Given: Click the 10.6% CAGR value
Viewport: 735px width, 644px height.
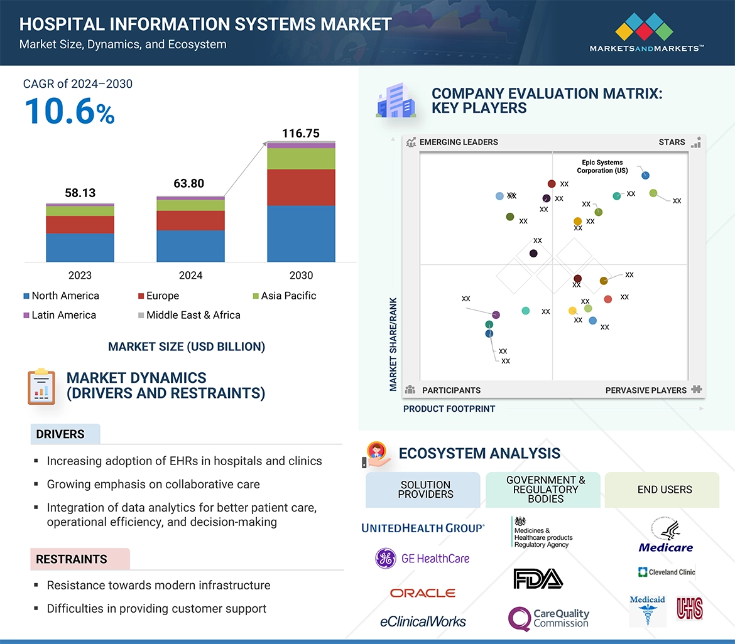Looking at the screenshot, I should click(x=69, y=112).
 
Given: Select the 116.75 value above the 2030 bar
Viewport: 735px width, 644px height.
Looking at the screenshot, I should click(x=301, y=133).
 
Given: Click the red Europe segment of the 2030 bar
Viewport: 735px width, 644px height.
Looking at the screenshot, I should click(x=301, y=187).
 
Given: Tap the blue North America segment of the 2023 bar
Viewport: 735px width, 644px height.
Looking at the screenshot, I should click(x=80, y=247).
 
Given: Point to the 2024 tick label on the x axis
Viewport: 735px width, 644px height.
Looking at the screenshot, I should click(x=190, y=276).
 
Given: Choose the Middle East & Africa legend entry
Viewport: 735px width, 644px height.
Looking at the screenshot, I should click(x=188, y=315).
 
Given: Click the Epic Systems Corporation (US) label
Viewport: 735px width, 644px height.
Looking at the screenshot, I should click(x=603, y=166).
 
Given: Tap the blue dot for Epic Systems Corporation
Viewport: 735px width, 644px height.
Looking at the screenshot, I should click(x=645, y=176).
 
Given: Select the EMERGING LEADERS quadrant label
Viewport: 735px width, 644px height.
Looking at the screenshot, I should click(x=458, y=142).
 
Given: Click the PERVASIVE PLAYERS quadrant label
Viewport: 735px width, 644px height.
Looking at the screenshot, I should click(x=646, y=390).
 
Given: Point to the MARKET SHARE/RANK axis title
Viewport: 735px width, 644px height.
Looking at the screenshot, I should click(x=393, y=344).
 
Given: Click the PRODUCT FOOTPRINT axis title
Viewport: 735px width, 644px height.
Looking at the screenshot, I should click(x=449, y=409).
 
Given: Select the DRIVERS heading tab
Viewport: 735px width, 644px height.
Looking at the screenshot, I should click(x=60, y=434).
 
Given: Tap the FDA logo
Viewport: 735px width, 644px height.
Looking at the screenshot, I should click(x=537, y=578).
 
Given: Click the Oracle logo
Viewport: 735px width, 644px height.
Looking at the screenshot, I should click(x=422, y=593).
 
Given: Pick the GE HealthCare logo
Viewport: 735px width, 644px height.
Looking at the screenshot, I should click(x=422, y=558).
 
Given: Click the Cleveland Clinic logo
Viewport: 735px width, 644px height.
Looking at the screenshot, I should click(x=667, y=572).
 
